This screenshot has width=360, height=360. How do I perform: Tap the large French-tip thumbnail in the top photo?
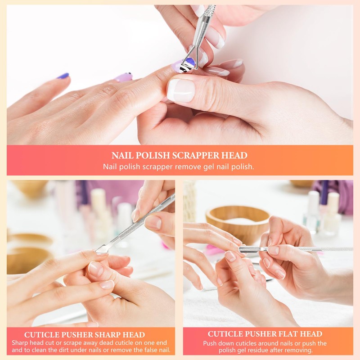point(181,90)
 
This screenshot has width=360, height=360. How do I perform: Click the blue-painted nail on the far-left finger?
point(63,76)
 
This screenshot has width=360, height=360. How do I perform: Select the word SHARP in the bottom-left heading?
point(100,335)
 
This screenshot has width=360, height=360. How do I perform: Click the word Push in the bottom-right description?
point(211,343)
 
